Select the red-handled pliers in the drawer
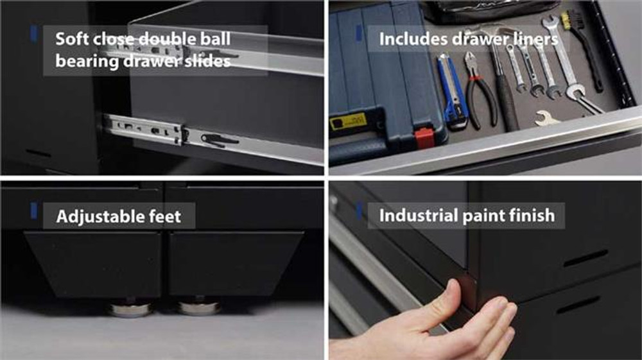click(x=479, y=90)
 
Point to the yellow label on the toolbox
click(x=347, y=122)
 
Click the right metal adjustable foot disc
click(x=199, y=307)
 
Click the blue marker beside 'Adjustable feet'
click(x=34, y=211)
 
